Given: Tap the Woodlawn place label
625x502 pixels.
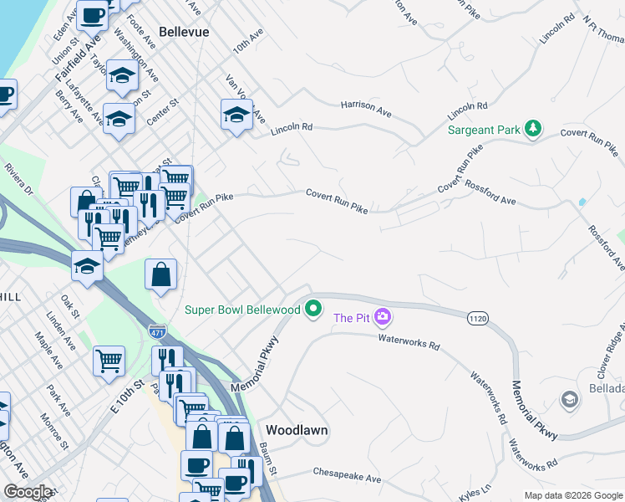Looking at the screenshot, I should tap(297, 430).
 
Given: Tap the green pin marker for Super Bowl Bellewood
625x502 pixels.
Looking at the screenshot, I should tap(314, 310).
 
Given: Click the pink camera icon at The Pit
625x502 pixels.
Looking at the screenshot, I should tap(383, 317).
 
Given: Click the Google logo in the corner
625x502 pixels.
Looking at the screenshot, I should tap(28, 492).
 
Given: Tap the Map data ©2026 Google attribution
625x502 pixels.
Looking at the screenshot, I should tap(572, 495).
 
